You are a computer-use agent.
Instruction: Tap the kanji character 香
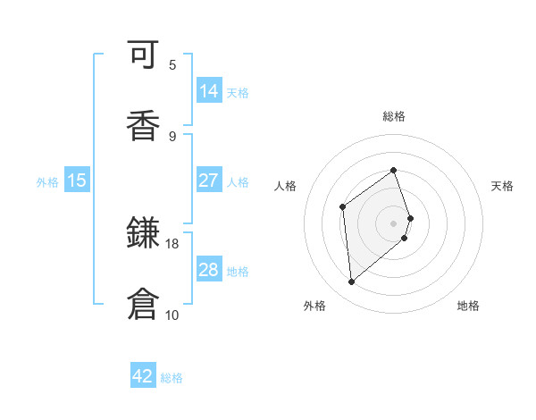tap(143, 126)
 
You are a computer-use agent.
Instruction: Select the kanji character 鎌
tap(143, 235)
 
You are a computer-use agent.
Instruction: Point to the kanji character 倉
tap(143, 305)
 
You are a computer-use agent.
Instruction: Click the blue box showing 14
tap(209, 90)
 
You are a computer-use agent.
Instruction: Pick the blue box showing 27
tap(209, 180)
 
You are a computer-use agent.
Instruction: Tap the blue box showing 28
tap(209, 269)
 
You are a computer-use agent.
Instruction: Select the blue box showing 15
tap(77, 180)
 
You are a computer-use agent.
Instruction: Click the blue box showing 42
tap(143, 376)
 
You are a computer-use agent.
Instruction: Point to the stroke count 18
tap(172, 243)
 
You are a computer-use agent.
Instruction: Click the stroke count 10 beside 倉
tap(172, 315)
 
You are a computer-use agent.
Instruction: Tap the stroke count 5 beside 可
tap(172, 64)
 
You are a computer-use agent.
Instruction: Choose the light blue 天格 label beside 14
tap(238, 92)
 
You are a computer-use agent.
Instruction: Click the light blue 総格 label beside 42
tap(172, 378)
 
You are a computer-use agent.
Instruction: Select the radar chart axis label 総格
tap(394, 116)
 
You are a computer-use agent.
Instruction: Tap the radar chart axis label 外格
tap(314, 306)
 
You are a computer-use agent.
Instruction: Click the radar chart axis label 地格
tap(468, 306)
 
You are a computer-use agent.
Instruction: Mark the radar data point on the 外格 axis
tap(352, 282)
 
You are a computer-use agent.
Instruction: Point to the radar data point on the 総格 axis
tap(393, 170)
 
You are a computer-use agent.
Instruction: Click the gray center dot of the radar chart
tap(393, 222)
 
